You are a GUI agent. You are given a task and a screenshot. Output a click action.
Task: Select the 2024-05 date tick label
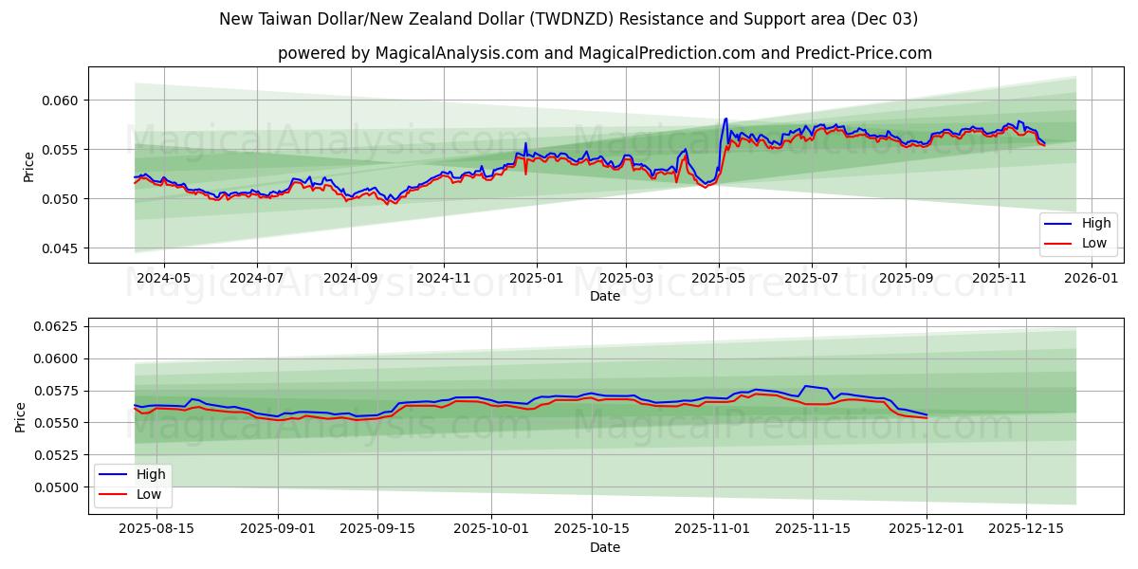coord(164,278)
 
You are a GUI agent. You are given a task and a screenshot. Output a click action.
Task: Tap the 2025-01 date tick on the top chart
coord(537,278)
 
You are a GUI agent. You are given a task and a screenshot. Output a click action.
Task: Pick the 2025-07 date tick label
coord(812,278)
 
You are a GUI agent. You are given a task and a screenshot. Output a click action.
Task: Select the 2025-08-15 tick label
coord(156,528)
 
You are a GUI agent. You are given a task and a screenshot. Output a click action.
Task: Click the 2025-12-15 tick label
coord(1026,528)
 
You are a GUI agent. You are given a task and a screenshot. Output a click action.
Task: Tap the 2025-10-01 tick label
coord(491,528)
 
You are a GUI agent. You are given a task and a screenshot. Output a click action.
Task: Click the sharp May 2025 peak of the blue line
coord(725,119)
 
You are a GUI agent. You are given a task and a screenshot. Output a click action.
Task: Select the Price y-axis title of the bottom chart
coord(21,416)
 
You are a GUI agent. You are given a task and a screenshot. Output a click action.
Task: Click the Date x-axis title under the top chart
coord(604,296)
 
